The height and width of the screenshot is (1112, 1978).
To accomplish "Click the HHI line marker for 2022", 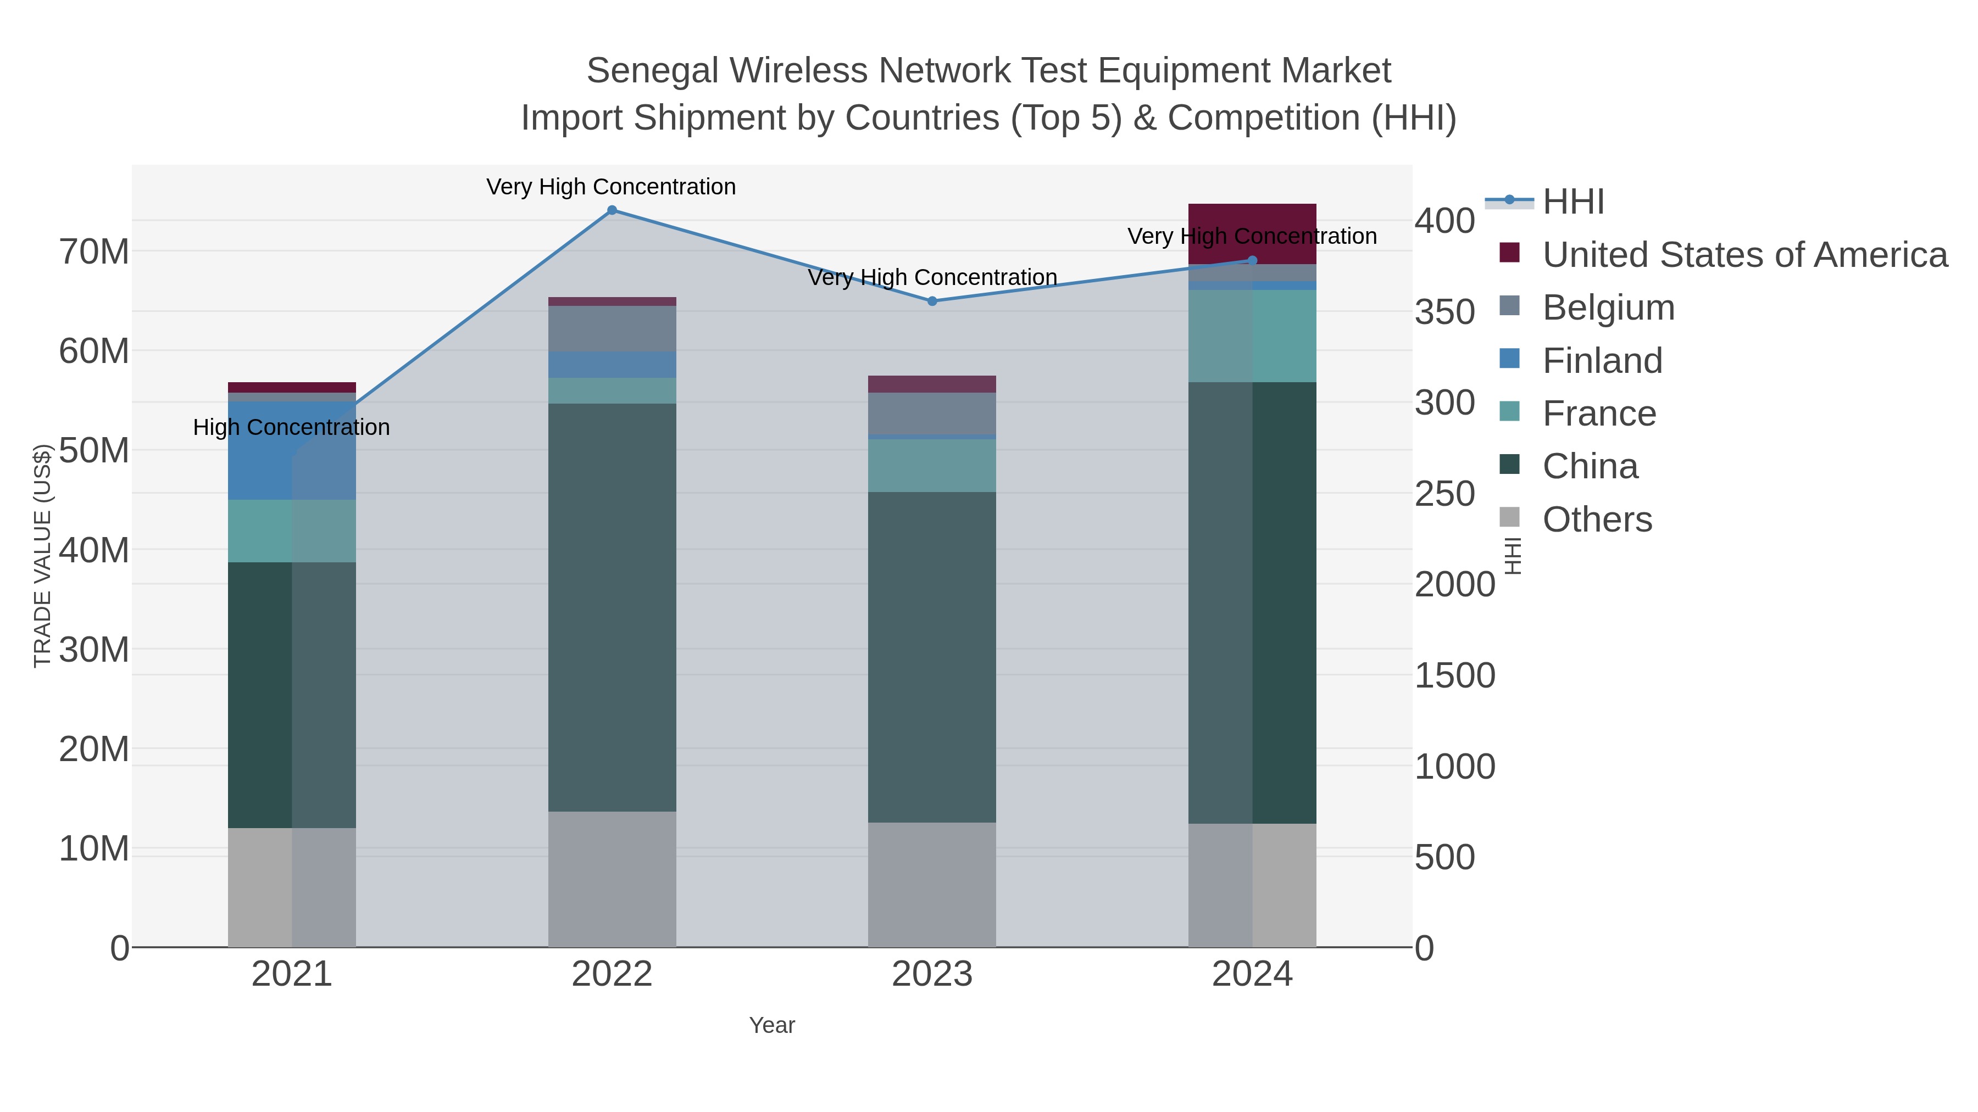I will (612, 210).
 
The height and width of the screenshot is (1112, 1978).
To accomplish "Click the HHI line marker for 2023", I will (932, 301).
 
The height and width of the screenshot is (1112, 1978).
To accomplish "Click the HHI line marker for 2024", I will (1252, 260).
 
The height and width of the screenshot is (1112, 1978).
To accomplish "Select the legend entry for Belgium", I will (1608, 308).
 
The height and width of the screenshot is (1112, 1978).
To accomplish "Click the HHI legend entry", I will (1573, 202).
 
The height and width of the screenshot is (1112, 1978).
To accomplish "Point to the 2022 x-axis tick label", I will (612, 975).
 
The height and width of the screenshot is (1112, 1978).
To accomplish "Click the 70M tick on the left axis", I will (93, 252).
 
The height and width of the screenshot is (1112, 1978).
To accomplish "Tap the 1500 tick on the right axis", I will (1454, 675).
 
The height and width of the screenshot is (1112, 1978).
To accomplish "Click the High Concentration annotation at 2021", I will (291, 427).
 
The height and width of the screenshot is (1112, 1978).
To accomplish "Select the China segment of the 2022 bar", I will (612, 606).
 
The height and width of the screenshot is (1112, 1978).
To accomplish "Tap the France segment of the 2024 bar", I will (1252, 336).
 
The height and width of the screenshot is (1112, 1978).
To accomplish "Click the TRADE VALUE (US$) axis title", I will (42, 556).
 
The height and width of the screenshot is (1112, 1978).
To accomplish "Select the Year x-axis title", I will (772, 1025).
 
